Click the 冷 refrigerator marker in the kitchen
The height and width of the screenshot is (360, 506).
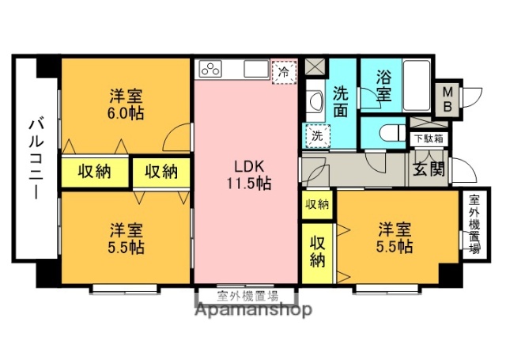pyautogui.click(x=283, y=70)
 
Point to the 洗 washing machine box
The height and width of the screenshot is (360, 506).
pyautogui.click(x=315, y=135)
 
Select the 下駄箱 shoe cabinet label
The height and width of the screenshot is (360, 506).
pyautogui.click(x=429, y=138)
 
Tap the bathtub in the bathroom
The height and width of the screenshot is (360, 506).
pyautogui.click(x=415, y=85)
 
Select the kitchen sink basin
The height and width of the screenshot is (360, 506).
pyautogui.click(x=255, y=69)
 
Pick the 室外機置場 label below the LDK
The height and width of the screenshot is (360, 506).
pyautogui.click(x=247, y=297)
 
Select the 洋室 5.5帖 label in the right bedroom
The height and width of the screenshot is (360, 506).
pyautogui.click(x=394, y=237)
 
